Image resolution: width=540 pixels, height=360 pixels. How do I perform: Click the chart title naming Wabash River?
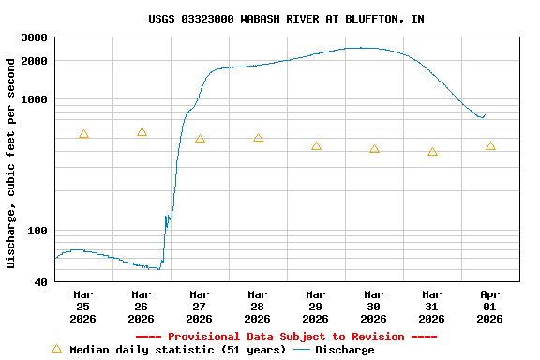286,18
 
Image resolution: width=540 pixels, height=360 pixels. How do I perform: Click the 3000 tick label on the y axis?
35,37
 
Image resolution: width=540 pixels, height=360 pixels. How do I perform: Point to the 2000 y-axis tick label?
35,61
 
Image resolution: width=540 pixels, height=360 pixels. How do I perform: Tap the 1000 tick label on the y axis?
35,99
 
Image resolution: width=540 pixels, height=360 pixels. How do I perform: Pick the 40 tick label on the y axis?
41,282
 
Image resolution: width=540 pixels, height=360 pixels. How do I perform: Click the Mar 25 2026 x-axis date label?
82,306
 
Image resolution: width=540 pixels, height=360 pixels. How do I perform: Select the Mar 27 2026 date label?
199,306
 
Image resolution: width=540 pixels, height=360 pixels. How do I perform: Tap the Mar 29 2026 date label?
315,306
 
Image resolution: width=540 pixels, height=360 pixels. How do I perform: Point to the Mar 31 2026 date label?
431,306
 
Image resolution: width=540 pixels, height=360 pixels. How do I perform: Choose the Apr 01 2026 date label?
489,306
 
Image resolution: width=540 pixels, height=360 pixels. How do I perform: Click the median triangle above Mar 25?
83,134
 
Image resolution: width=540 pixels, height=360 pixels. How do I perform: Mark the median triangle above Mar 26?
142,132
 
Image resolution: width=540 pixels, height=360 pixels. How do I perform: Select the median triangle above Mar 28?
258,138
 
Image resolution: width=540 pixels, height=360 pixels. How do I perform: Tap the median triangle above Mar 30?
374,149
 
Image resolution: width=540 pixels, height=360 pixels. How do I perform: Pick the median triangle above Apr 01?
490,145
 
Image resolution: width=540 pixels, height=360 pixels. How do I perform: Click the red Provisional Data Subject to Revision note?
286,337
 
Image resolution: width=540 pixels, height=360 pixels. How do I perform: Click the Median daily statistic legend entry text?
177,350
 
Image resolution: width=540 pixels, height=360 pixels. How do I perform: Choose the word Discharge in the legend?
344,350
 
